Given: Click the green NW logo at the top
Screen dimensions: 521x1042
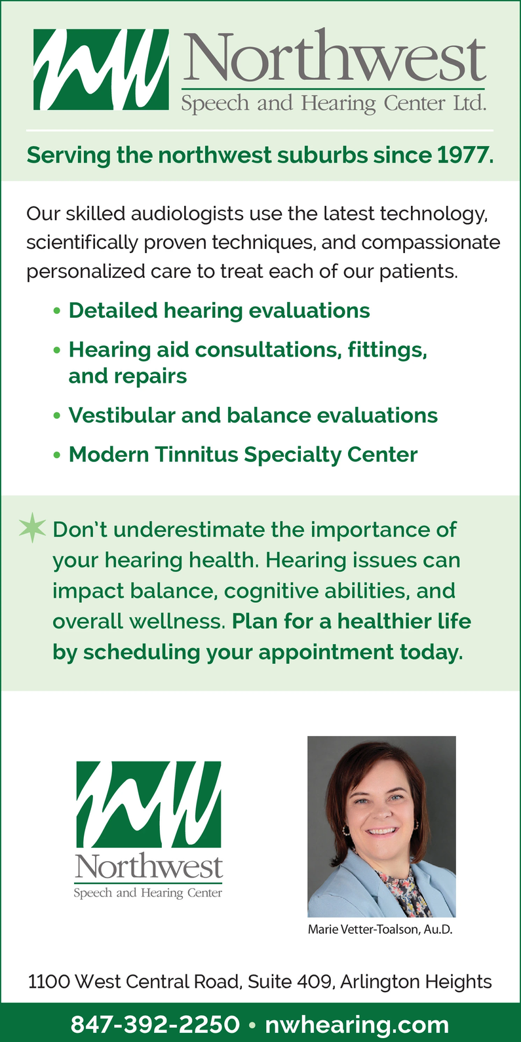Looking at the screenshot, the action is click(x=101, y=69).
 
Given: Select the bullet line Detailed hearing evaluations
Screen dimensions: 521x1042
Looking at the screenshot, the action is click(x=219, y=311).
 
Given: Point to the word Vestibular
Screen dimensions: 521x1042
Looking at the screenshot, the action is click(x=121, y=415).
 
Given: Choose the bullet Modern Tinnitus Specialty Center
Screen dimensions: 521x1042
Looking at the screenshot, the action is click(x=243, y=455).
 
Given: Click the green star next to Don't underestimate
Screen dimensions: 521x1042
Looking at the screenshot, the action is click(x=33, y=528).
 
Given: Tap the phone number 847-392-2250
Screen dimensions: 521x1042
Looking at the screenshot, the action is click(x=155, y=1024).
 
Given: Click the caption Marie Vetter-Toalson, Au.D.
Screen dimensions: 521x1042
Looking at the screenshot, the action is click(x=380, y=929).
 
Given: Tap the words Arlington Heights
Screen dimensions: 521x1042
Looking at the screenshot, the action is click(x=416, y=982).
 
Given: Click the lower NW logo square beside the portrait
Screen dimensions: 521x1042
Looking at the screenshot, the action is click(x=149, y=803).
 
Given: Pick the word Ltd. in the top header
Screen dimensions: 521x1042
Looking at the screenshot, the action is click(x=470, y=103).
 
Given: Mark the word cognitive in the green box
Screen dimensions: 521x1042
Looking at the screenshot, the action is click(x=271, y=591).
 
